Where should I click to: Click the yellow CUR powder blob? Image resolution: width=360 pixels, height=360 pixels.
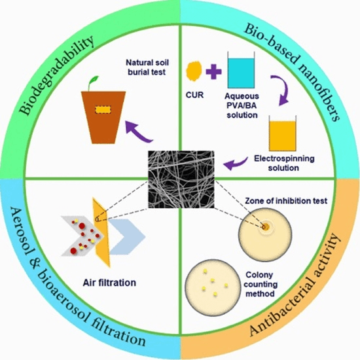194,71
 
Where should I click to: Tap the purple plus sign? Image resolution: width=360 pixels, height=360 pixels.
213,71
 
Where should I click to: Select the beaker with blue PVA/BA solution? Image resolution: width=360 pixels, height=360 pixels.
241,70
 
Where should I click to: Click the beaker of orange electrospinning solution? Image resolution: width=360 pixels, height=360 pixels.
283,134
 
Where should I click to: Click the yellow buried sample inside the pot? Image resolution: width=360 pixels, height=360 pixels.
103,109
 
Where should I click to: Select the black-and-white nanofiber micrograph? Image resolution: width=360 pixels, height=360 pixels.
181,179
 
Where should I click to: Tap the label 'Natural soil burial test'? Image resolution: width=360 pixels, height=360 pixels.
147,67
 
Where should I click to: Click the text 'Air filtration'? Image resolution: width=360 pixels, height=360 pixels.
109,282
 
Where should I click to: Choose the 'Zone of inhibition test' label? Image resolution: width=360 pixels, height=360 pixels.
286,201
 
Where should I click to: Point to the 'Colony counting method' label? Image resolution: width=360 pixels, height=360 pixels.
261,284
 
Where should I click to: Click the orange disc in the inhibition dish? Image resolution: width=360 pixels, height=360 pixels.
265,227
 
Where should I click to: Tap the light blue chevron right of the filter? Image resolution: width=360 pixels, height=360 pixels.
128,237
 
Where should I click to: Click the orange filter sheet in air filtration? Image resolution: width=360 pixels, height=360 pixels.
101,232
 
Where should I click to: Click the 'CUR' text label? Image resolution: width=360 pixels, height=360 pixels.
194,95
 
